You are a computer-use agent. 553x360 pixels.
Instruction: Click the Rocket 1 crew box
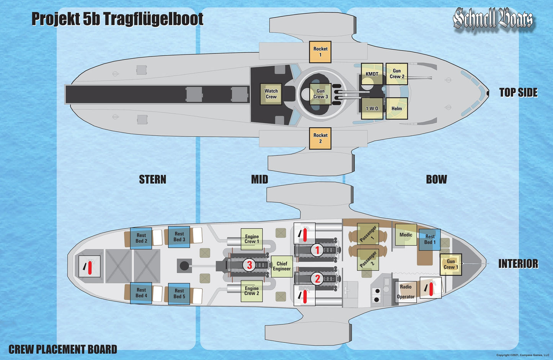tap(320, 52)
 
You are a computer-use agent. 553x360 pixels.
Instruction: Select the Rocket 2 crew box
tap(320, 138)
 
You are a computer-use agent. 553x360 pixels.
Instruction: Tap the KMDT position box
tap(372, 74)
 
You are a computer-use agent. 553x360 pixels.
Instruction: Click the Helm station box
tap(396, 108)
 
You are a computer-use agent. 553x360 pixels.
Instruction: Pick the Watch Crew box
tap(271, 94)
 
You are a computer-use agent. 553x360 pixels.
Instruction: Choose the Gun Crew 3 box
tap(321, 94)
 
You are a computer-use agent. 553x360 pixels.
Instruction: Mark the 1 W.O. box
tap(372, 108)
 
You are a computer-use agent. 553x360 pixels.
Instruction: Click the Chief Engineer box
tap(282, 266)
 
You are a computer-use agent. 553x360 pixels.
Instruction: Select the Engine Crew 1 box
tap(252, 239)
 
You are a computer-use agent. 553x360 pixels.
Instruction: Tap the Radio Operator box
tap(406, 292)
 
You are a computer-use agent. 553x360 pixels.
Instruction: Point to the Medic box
tap(406, 235)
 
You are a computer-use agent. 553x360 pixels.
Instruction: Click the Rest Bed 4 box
tap(141, 293)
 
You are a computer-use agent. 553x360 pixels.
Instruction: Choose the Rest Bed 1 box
tap(430, 239)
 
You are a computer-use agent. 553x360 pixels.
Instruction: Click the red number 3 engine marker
tap(249, 265)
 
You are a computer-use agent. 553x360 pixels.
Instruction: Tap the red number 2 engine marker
tap(317, 279)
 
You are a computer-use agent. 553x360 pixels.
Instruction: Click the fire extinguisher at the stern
tap(90, 266)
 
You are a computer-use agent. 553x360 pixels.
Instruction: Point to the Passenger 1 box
tap(368, 234)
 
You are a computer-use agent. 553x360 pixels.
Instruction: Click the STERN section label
tap(152, 179)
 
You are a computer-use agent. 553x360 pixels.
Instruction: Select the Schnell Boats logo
tap(493, 19)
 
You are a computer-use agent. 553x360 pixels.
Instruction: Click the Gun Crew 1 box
tap(451, 264)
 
